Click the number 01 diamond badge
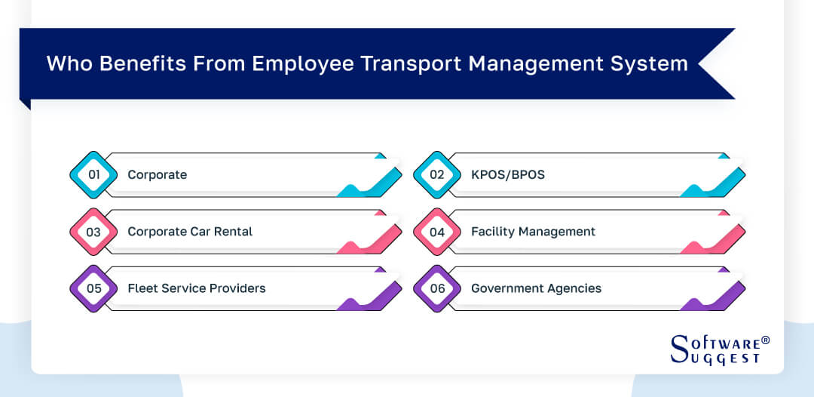coord(94,175)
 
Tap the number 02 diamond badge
coord(438,175)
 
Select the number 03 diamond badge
coord(94,232)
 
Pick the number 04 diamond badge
coord(438,232)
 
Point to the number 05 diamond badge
coord(94,288)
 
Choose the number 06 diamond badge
coord(438,288)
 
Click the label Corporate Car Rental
coord(190,232)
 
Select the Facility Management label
coord(533,232)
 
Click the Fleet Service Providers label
coord(197,288)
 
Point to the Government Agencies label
coord(536,288)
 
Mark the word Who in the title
coord(66,63)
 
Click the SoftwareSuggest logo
coord(715,350)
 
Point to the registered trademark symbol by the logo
coord(766,340)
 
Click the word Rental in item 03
coord(233,232)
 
